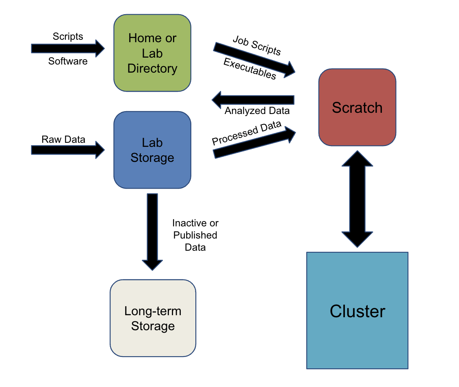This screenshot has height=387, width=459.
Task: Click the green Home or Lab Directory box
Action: tap(152, 53)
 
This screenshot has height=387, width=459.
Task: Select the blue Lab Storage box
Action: tap(152, 150)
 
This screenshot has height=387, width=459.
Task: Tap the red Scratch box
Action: tap(357, 107)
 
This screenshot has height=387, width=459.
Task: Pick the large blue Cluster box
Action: tap(357, 310)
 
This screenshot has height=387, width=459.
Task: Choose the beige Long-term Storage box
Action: tap(153, 318)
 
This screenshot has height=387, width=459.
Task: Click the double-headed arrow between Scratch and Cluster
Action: tap(357, 199)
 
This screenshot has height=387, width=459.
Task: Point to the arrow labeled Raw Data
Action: tap(67, 150)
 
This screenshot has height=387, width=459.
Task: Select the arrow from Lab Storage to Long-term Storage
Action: tap(152, 231)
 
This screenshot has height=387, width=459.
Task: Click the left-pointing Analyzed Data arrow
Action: tap(253, 100)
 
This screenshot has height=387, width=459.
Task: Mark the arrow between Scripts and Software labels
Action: tap(67, 49)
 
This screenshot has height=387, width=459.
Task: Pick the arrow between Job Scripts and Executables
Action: tap(254, 59)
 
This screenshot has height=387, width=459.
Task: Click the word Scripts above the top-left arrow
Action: tap(68, 37)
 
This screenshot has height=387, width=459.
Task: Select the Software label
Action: tap(68, 61)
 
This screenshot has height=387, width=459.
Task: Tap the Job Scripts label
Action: tap(257, 45)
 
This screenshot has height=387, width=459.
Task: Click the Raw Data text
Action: tap(63, 140)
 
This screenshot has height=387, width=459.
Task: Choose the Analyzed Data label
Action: tap(257, 111)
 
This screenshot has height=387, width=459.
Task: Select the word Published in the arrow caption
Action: tap(195, 235)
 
